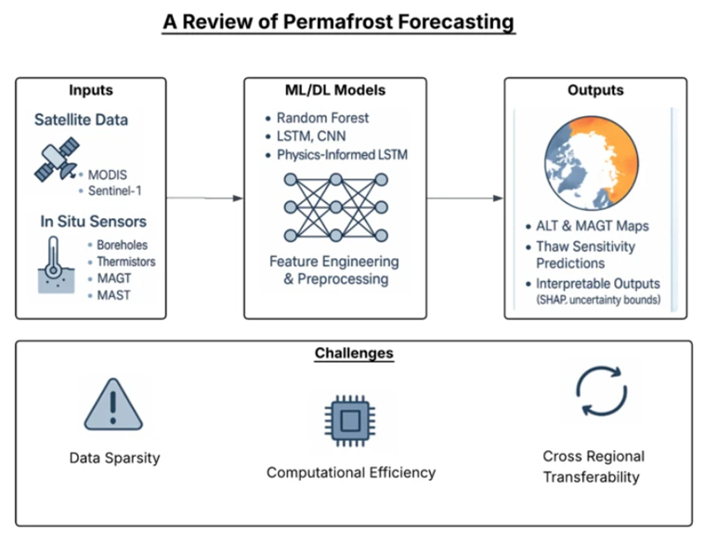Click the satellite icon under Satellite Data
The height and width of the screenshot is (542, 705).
[57, 159]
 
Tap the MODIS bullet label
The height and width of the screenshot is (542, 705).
[108, 174]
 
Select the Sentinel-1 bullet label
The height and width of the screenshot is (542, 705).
[114, 191]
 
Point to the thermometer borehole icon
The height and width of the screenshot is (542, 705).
[56, 265]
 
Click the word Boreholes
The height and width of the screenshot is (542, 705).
[123, 245]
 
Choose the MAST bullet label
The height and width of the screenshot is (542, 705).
[113, 295]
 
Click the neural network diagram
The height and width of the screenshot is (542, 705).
[336, 208]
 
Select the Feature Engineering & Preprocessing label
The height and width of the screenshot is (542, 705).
[334, 270]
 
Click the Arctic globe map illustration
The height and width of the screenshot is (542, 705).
[592, 163]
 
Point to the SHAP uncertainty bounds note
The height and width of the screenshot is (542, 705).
[598, 300]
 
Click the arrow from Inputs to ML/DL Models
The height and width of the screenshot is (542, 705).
[205, 199]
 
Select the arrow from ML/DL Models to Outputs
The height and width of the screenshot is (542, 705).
[465, 199]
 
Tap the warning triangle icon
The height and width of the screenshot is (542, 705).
[113, 405]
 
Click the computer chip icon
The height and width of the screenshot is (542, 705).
[350, 420]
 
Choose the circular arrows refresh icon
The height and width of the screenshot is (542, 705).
[602, 392]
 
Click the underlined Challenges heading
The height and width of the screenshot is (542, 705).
[354, 354]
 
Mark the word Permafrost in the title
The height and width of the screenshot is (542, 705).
[338, 21]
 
